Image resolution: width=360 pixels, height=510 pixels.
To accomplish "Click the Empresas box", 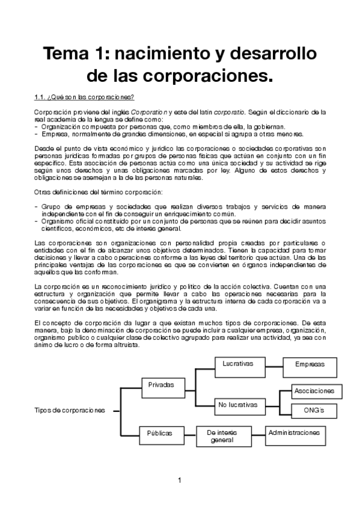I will [x=310, y=364].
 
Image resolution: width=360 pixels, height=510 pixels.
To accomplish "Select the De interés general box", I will [x=222, y=436].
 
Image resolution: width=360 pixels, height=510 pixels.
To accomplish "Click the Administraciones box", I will [x=294, y=433].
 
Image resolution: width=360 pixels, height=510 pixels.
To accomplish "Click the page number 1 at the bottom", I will [x=180, y=479].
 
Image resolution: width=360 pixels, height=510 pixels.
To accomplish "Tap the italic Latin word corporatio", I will [x=231, y=112].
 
